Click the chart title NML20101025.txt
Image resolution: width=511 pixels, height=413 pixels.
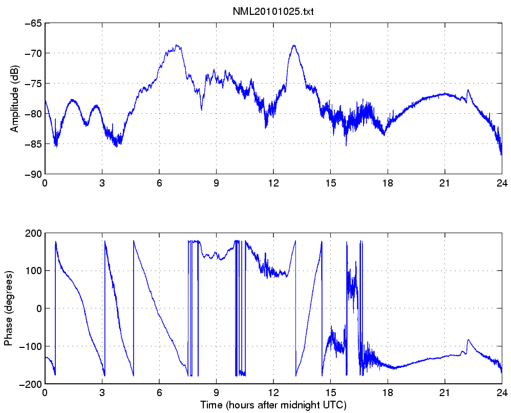(x=272, y=12)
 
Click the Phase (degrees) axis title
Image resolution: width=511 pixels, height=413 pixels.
(x=8, y=307)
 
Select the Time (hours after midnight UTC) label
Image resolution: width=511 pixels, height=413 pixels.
(x=272, y=405)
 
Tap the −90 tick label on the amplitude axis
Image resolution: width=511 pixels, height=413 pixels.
(x=30, y=174)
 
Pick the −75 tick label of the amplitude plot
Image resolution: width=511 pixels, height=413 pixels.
(x=30, y=84)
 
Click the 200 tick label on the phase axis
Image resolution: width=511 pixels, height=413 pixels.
(x=33, y=233)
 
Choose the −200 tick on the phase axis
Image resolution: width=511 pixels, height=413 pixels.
(x=30, y=384)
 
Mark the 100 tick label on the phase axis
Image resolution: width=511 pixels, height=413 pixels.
(x=33, y=271)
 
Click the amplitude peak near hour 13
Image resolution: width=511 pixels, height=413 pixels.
(x=294, y=45)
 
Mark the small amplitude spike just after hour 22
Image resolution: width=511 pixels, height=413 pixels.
(x=469, y=90)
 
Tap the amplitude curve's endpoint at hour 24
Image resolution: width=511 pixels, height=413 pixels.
(x=501, y=154)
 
